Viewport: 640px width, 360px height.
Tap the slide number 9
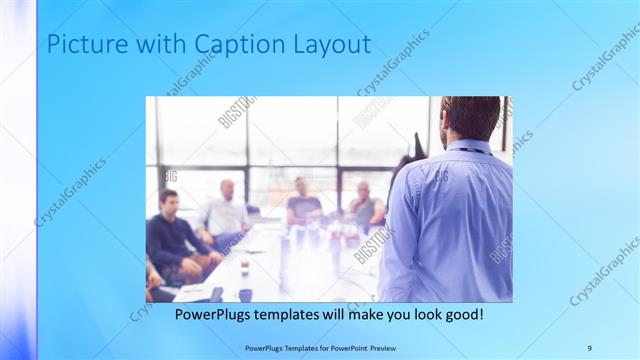coord(589,347)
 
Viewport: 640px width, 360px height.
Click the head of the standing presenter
coord(472,117)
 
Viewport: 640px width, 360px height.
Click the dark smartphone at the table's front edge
coord(216,294)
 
